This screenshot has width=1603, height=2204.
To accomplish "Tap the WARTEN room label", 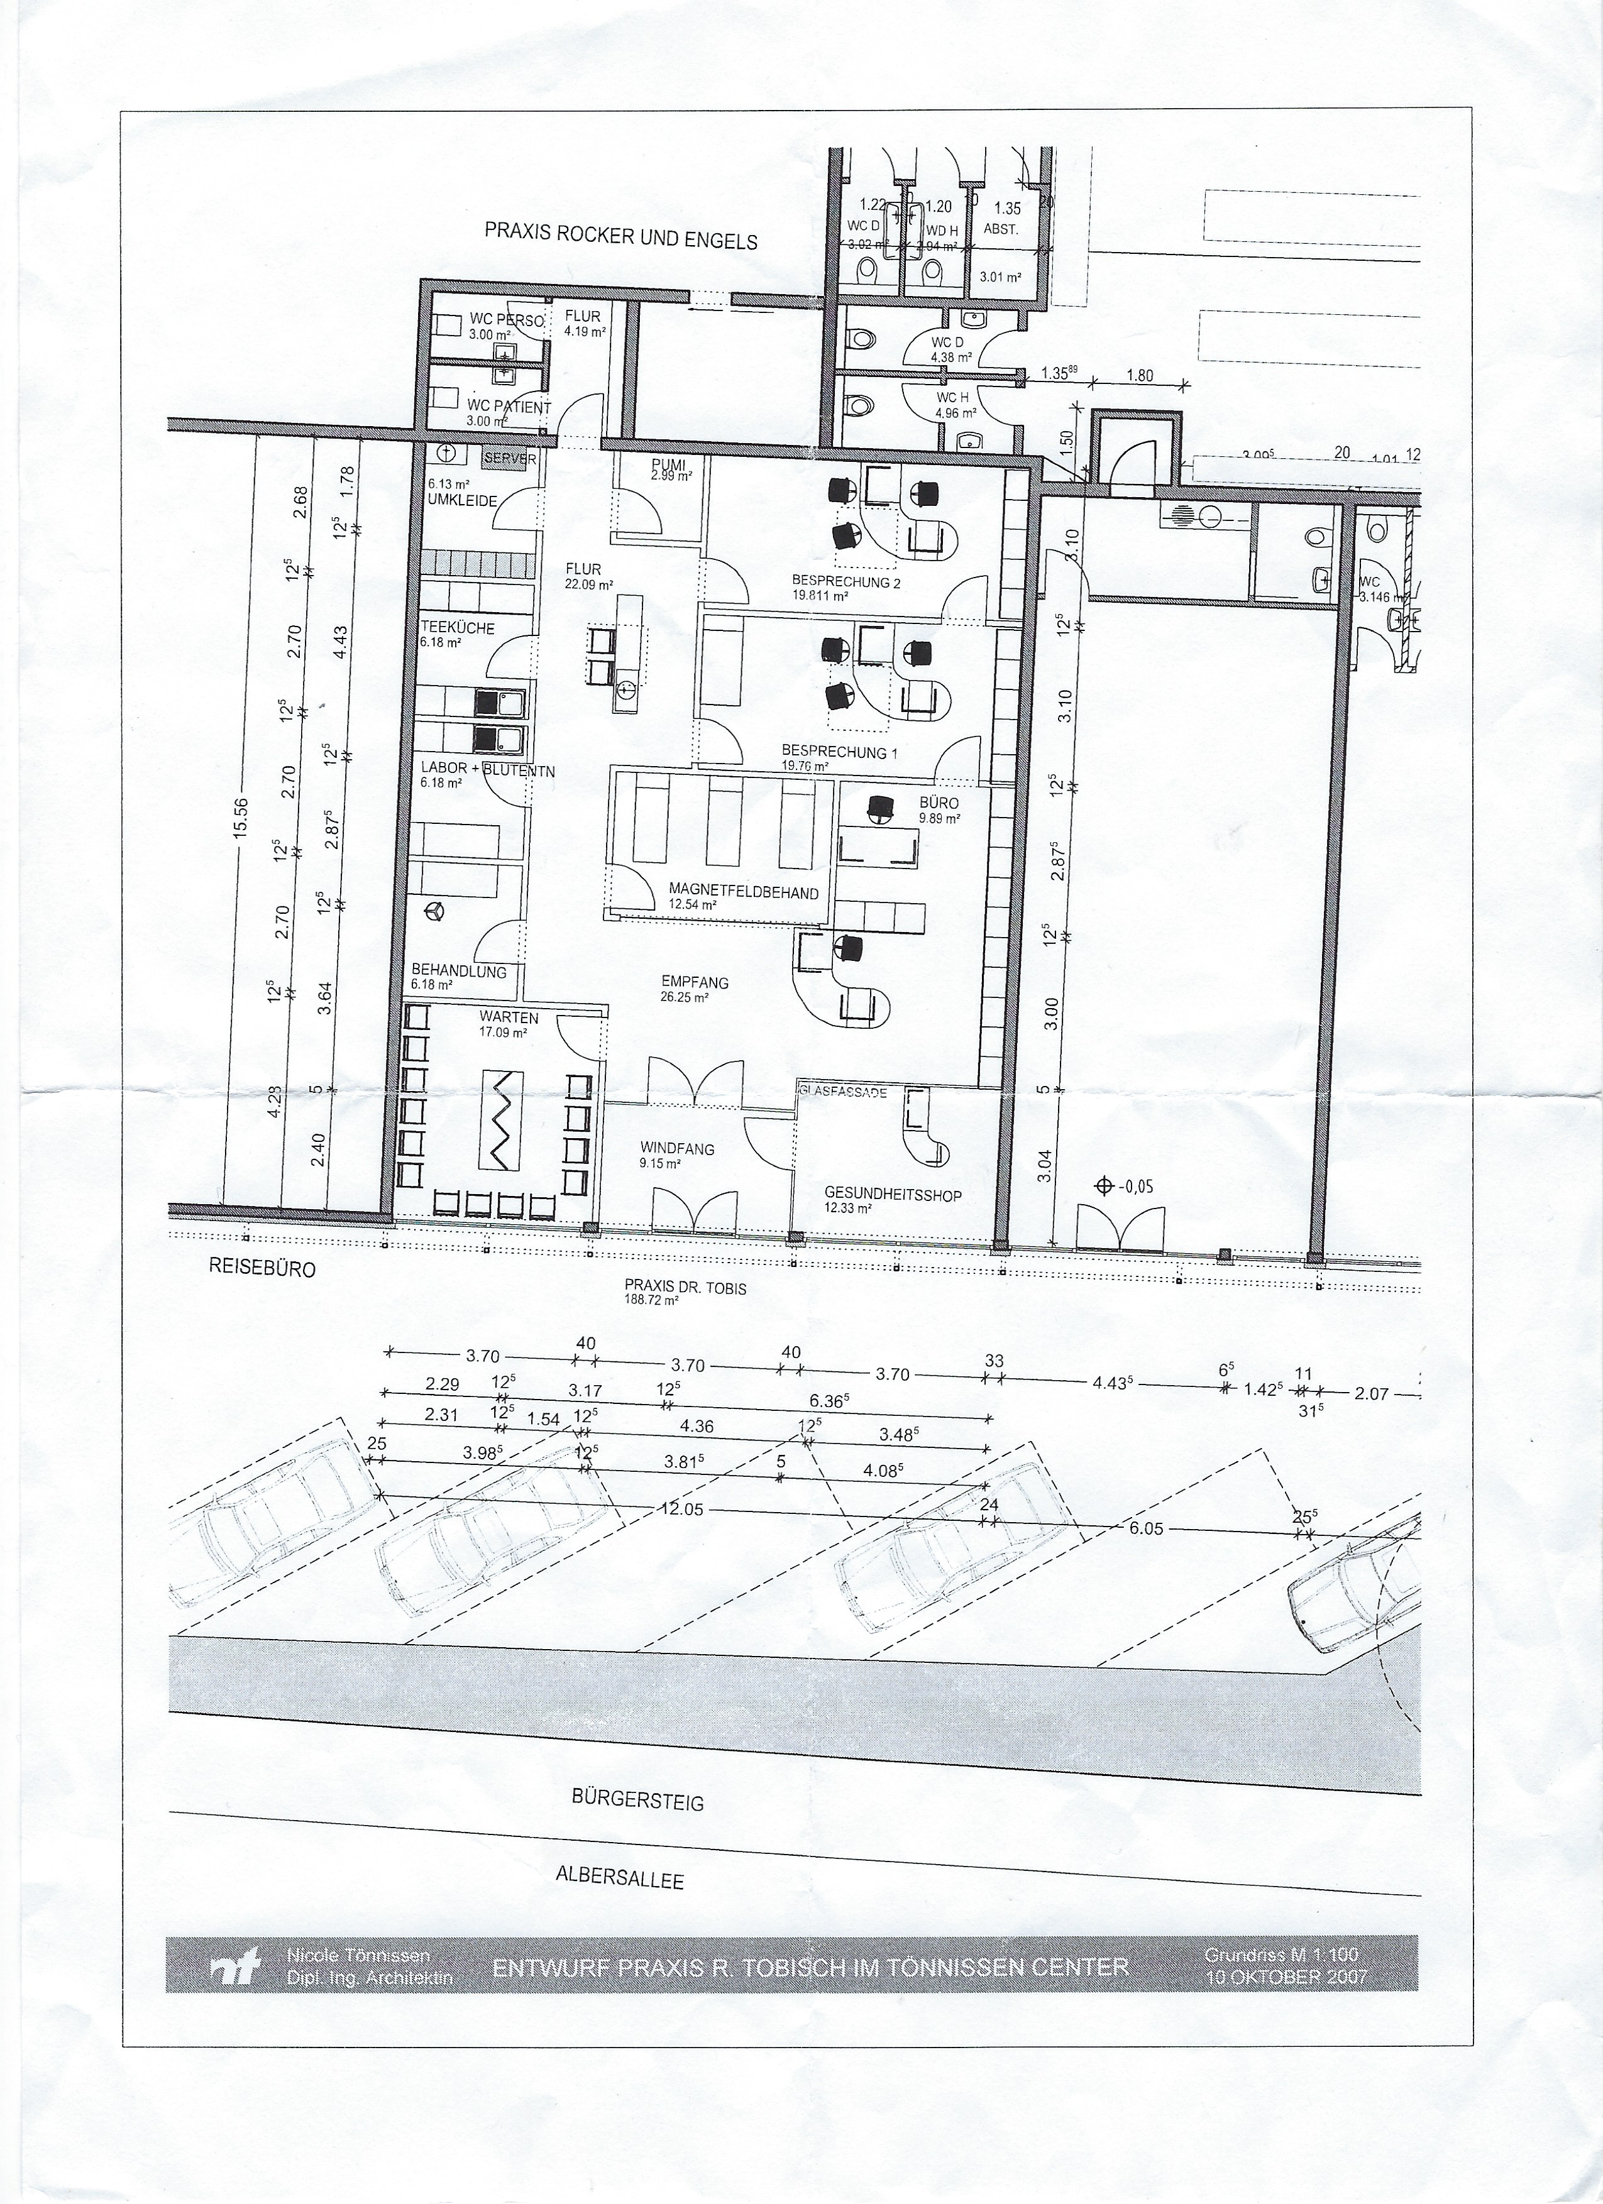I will tap(502, 1017).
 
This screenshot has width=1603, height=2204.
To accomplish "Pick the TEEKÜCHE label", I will tap(457, 628).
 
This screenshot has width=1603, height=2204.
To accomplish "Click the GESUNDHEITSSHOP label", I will tap(893, 1194).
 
